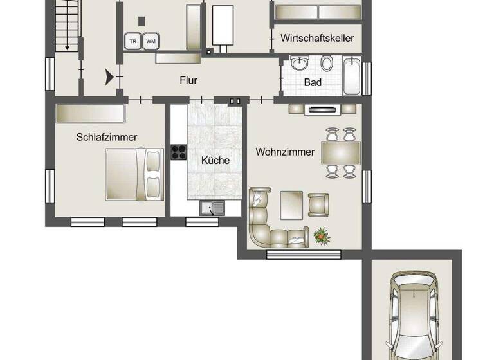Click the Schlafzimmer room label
coord(107,137)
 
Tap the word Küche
coord(215,160)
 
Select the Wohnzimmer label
coord(285,152)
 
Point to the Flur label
coord(188,81)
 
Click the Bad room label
coord(313,82)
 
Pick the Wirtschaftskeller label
coord(317,39)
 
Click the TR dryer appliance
coord(133,41)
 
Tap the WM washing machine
coord(151,41)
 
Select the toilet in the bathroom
coord(327,63)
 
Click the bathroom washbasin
coord(300,64)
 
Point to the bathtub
coord(351,76)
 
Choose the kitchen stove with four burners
coord(178,152)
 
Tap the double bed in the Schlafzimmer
coord(134,174)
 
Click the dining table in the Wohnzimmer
coord(340,153)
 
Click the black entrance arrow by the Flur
coord(110,78)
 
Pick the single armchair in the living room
coord(319,204)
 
